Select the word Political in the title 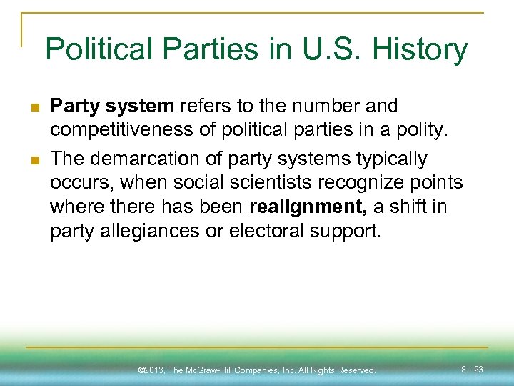coord(99,50)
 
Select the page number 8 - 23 coord(472,370)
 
